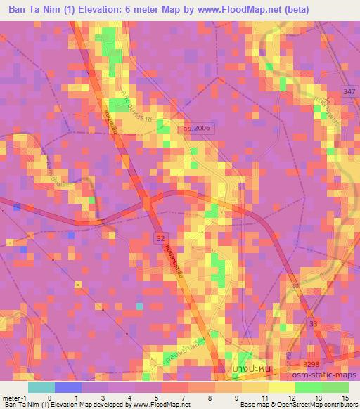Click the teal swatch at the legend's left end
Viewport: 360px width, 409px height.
point(41,387)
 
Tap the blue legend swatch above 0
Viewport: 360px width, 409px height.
point(67,387)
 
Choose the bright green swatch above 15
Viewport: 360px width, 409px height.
point(335,387)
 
